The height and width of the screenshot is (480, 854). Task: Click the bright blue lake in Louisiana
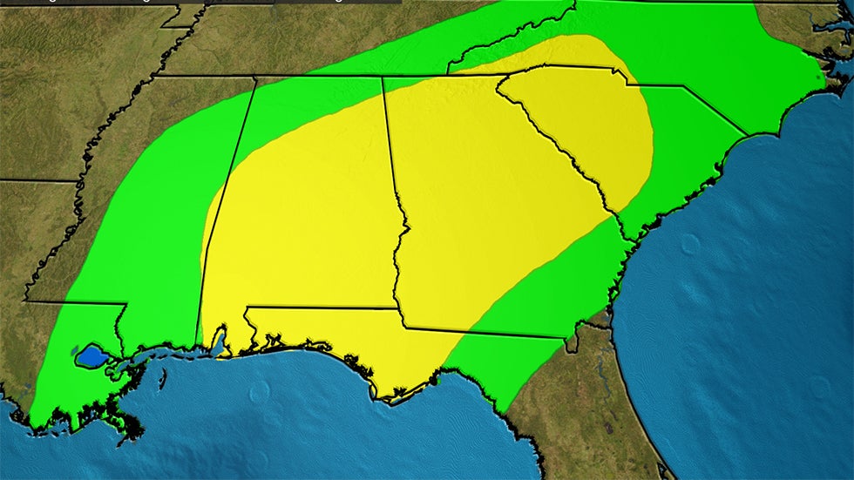pos(91,355)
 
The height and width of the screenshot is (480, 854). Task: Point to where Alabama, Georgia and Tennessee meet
pos(383,77)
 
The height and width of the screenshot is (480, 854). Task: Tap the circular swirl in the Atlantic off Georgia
pos(689,243)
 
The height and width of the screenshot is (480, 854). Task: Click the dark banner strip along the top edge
pos(200,3)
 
